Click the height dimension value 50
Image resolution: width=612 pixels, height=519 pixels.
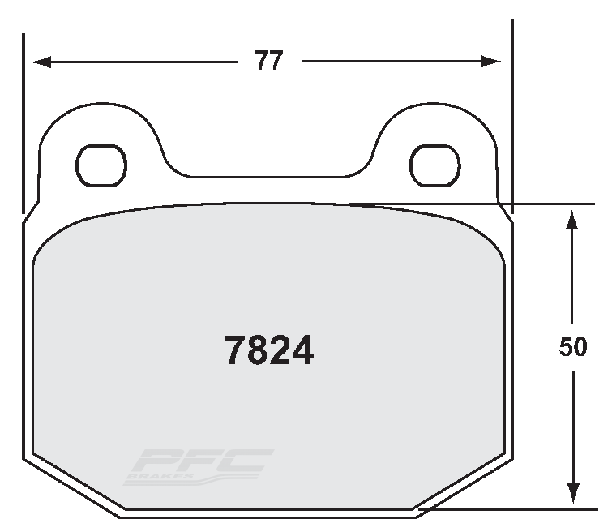click(573, 347)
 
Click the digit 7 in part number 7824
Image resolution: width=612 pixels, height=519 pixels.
click(234, 350)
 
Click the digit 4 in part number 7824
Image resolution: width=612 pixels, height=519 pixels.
click(302, 350)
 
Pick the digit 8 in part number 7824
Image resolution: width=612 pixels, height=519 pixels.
click(257, 350)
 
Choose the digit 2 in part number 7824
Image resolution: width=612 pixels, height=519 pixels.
click(280, 350)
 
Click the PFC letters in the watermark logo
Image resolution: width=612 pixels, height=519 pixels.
click(203, 463)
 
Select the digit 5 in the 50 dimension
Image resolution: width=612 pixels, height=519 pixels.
click(566, 347)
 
